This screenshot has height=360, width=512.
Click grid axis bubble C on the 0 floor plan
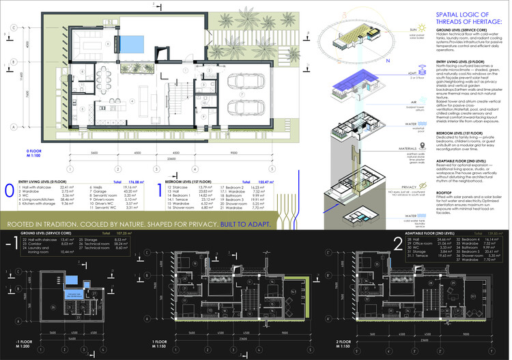pos(14,28)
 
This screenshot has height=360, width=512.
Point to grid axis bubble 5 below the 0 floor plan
pos(271,168)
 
